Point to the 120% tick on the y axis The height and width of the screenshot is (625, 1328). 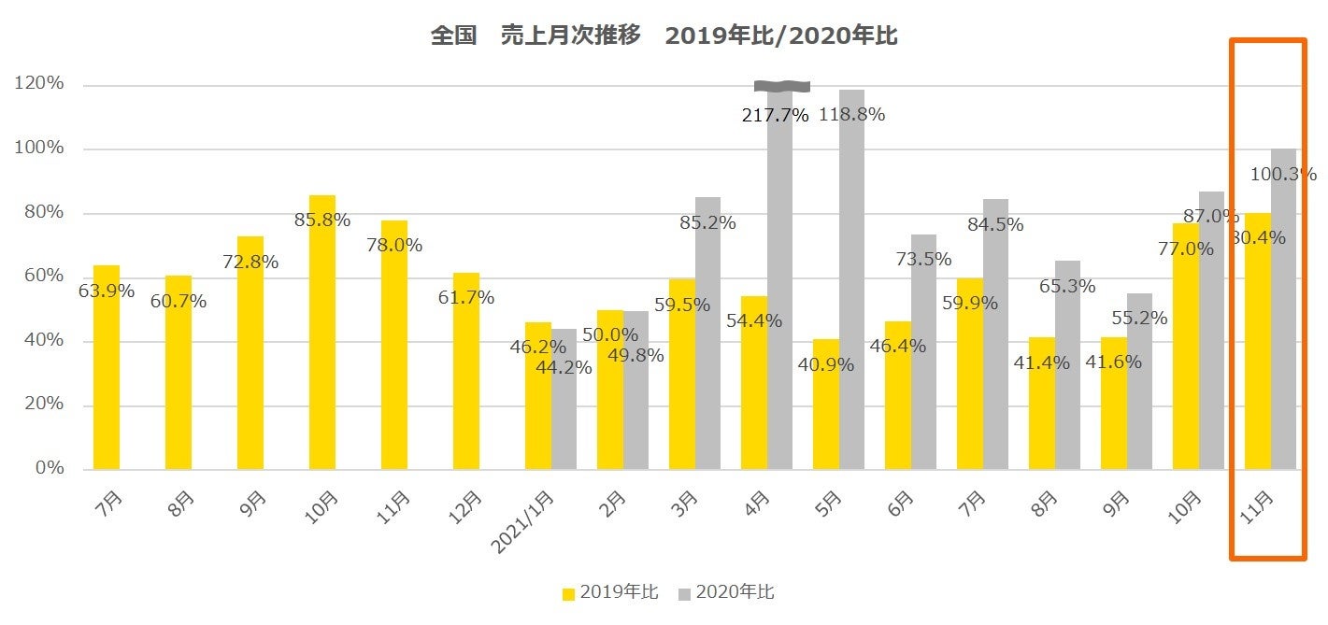click(39, 84)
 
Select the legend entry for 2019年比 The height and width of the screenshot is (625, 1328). click(610, 592)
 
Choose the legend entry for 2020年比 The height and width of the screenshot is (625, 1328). click(726, 592)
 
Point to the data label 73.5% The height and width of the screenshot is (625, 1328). click(923, 259)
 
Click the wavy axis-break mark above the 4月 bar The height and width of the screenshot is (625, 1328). click(781, 86)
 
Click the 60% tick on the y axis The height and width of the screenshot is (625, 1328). click(39, 277)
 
